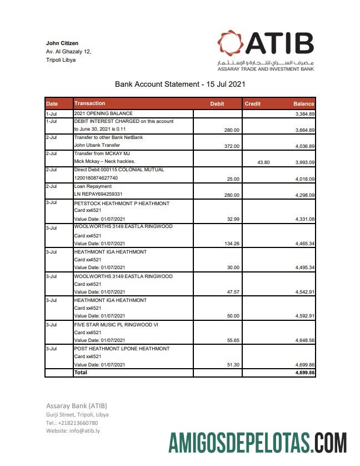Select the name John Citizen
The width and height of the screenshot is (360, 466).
tap(62, 43)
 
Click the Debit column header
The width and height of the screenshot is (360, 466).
tap(217, 104)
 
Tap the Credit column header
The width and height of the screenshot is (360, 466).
tap(252, 104)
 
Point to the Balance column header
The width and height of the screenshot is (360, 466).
tap(303, 104)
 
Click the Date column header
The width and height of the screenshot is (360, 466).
tap(52, 104)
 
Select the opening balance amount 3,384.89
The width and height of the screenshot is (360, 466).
tap(304, 114)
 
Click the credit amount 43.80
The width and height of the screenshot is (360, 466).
tap(263, 162)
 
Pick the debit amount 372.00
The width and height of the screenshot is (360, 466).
tap(232, 146)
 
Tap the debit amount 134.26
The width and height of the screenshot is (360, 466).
tap(231, 244)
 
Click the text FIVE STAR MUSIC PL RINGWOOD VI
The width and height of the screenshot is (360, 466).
tap(116, 325)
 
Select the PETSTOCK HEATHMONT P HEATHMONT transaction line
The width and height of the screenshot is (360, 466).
tap(122, 204)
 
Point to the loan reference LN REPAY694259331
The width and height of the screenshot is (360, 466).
tap(98, 195)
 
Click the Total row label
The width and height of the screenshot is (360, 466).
tap(81, 373)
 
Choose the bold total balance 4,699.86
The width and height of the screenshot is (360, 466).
tap(304, 373)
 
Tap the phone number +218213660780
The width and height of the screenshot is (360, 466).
tap(79, 423)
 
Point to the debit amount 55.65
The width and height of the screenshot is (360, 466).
tap(232, 340)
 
